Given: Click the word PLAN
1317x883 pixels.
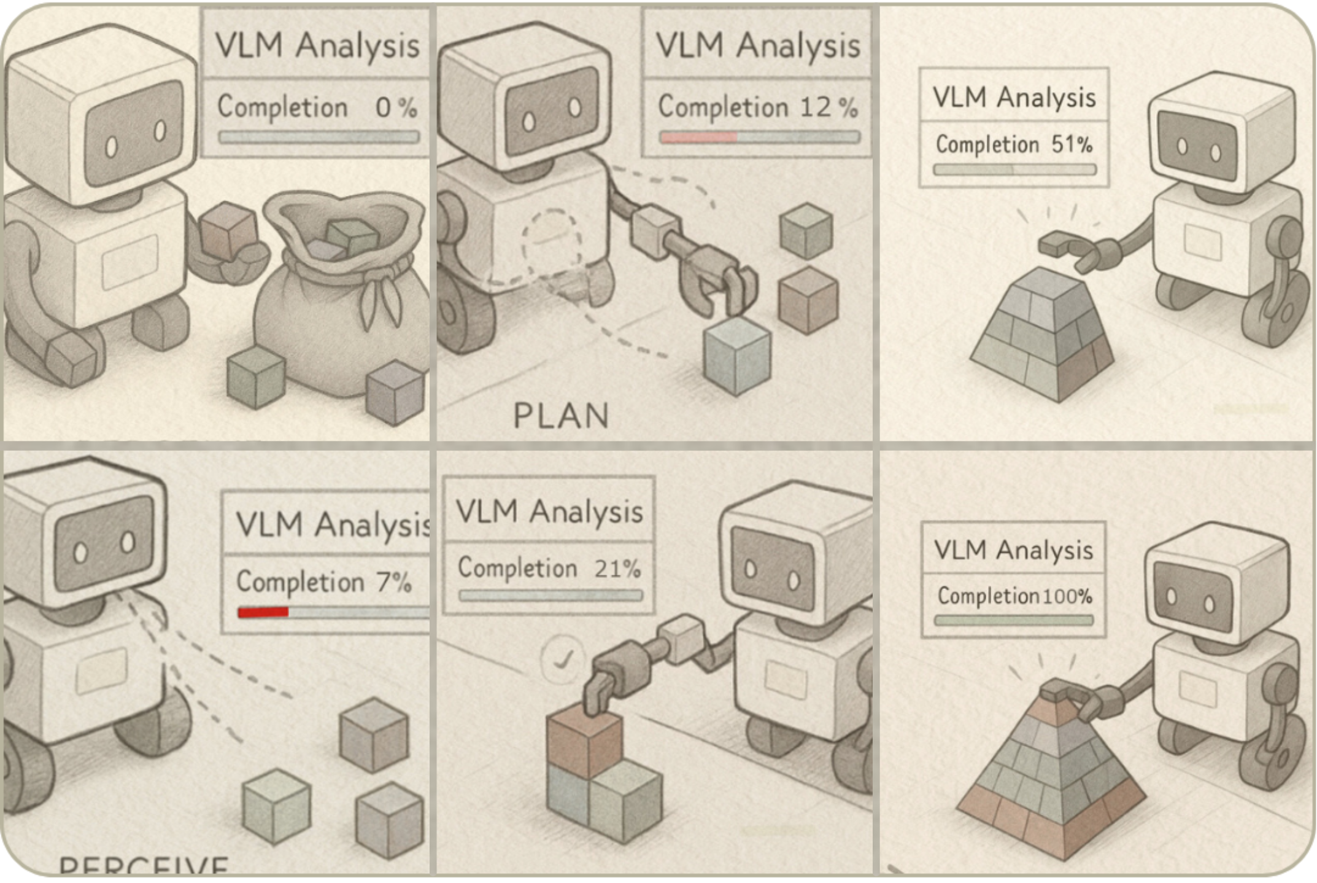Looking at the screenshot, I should coord(561,416).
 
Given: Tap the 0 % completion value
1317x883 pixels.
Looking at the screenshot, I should coord(396,108).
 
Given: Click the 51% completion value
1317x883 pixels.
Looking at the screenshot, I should coord(1072,145).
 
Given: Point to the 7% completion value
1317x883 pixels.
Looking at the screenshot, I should coord(393,582).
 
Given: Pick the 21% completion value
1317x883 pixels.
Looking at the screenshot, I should coord(617,569).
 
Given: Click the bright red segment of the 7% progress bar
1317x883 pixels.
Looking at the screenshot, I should coord(263,612).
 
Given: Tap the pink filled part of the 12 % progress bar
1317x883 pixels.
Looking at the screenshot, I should coord(698,138).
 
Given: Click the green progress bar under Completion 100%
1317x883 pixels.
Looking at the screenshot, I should coord(1014,621).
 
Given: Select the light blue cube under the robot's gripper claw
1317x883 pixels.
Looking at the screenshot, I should coord(736,356).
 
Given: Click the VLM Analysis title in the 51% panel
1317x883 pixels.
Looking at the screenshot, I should coord(1014,98).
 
